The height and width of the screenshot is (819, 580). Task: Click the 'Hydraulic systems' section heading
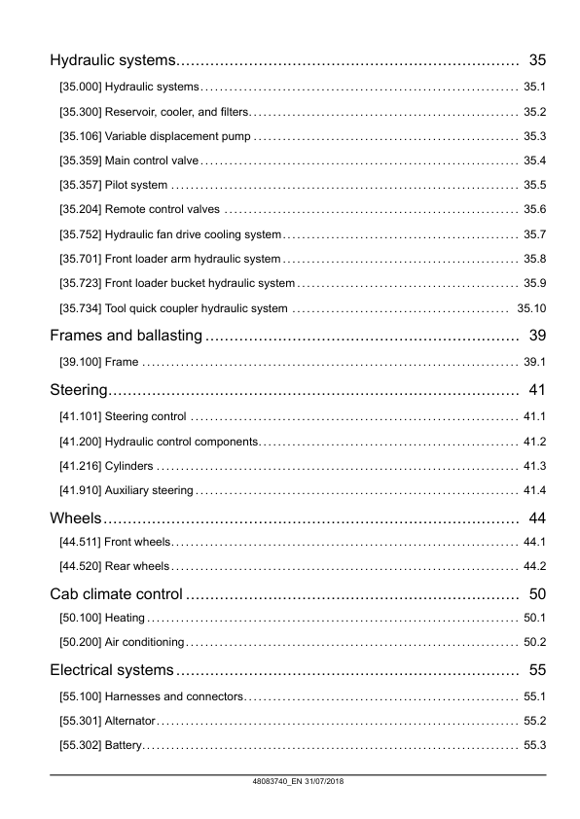click(x=111, y=61)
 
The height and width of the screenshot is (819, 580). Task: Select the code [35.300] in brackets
click(x=80, y=111)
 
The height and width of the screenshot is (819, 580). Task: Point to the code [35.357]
click(x=80, y=185)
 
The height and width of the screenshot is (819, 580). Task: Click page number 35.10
click(x=531, y=308)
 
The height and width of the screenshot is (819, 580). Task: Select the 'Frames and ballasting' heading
click(x=126, y=337)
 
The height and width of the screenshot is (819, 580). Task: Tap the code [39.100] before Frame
click(x=80, y=362)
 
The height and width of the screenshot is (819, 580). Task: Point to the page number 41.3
click(x=534, y=465)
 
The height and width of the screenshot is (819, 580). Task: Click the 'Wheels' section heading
click(x=76, y=517)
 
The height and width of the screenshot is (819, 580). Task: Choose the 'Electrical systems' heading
click(x=112, y=670)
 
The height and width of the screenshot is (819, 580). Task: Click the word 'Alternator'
click(x=129, y=721)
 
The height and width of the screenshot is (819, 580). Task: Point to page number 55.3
click(x=534, y=745)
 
